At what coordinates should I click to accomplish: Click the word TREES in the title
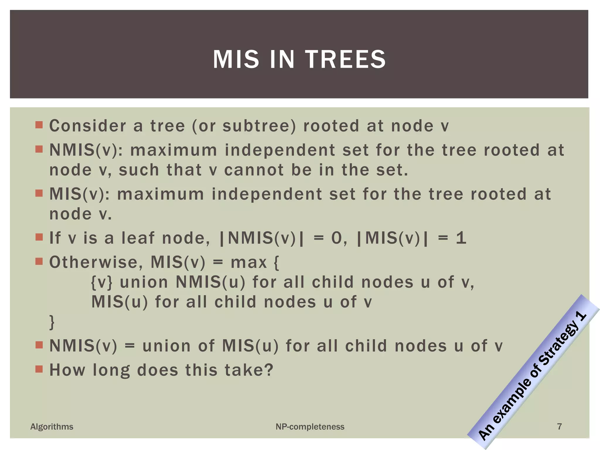click(346, 59)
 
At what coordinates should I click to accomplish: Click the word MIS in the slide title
click(236, 59)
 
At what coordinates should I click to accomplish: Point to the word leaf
click(138, 238)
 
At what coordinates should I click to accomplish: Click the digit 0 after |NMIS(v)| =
click(337, 238)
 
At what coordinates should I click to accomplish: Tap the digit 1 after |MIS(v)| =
click(461, 238)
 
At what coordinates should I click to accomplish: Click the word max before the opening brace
click(249, 262)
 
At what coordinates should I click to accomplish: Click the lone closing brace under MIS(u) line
click(52, 322)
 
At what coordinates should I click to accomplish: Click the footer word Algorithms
click(52, 427)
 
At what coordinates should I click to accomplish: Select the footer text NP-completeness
click(310, 427)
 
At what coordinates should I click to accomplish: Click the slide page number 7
click(559, 427)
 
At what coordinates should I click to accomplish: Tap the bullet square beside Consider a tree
click(39, 125)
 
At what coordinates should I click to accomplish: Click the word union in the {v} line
click(144, 282)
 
